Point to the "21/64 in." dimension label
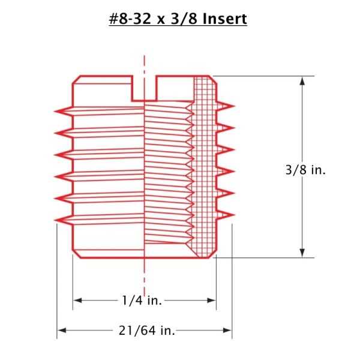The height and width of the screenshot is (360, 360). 143,329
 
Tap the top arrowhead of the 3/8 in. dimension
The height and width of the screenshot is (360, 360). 302,80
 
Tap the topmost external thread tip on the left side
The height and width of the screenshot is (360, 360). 56,110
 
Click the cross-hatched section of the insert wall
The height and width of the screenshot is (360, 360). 205,168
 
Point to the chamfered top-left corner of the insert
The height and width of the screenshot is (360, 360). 76,80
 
